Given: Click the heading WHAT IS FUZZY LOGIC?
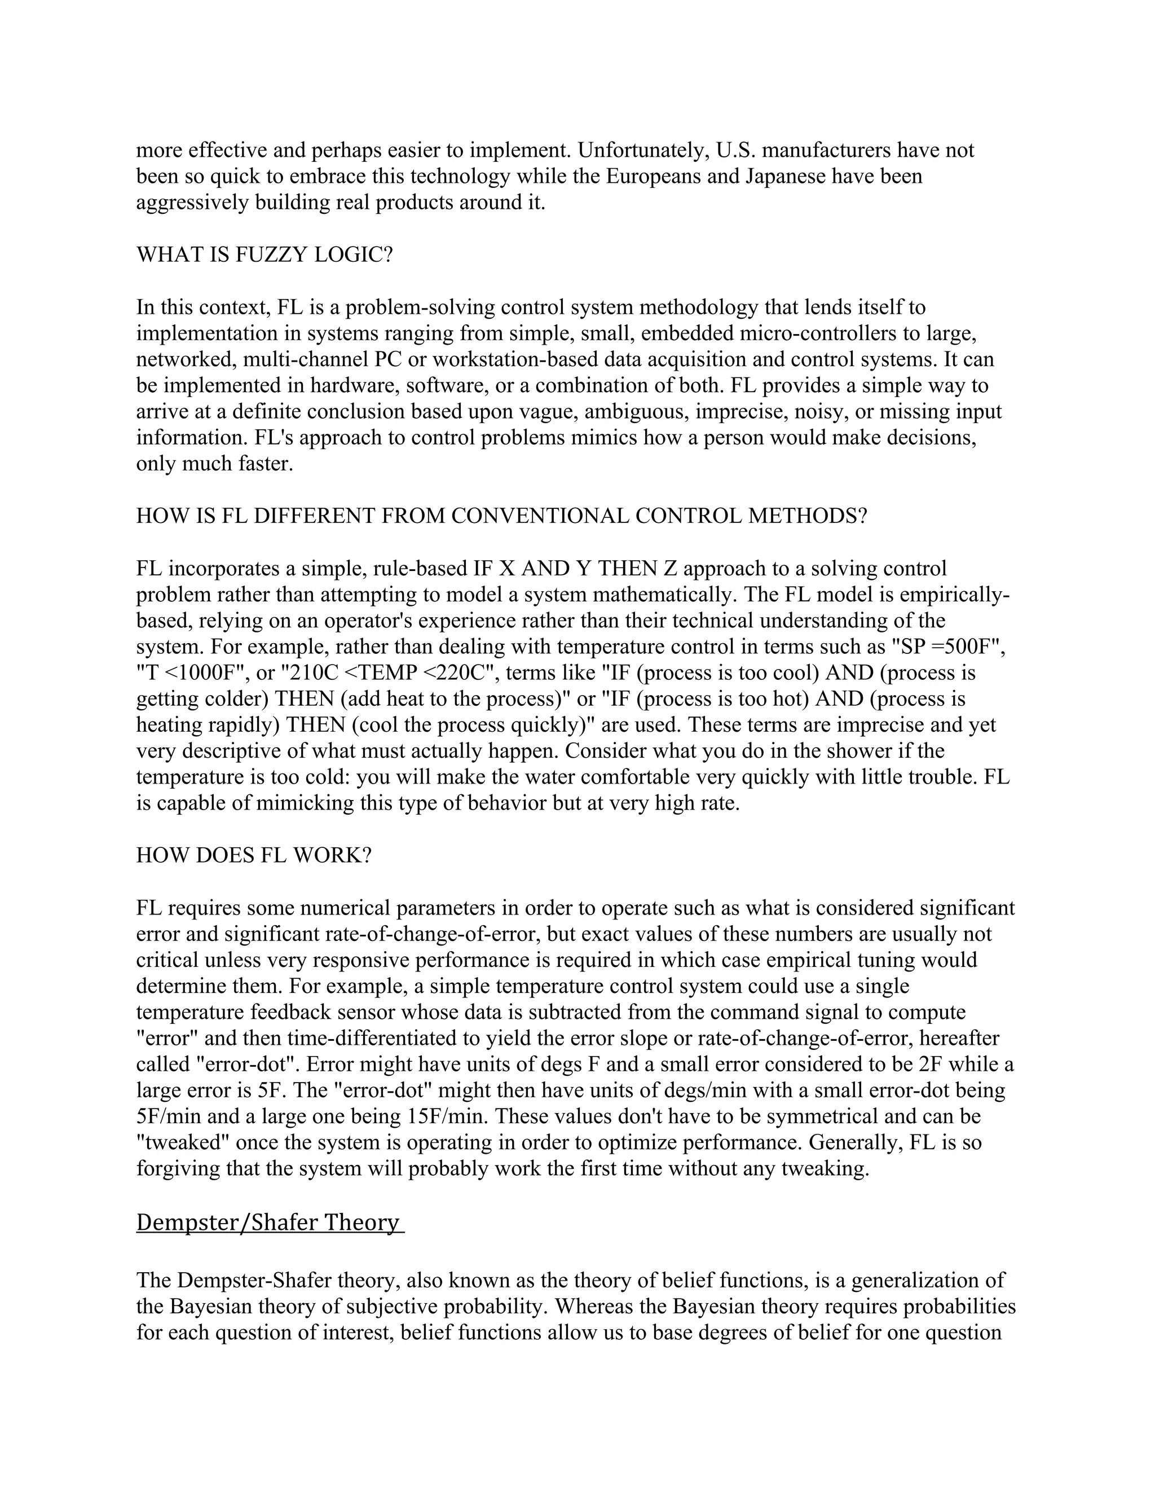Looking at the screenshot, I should point(265,256).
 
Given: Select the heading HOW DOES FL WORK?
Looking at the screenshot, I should point(253,856).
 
